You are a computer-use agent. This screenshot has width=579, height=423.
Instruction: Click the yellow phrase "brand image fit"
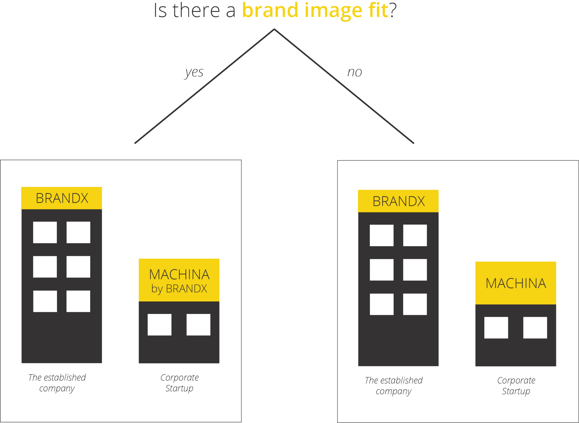[x=315, y=11]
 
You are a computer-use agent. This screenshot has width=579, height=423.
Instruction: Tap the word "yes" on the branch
[x=194, y=72]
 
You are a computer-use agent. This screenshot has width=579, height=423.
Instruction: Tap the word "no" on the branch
[x=354, y=72]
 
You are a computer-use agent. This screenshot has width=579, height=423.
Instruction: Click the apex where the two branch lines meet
[x=274, y=29]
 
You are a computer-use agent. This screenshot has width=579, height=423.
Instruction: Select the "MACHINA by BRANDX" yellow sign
[x=179, y=280]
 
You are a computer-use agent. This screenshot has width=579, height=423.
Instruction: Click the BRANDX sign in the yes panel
[x=62, y=198]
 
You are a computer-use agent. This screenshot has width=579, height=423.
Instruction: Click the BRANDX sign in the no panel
[x=398, y=201]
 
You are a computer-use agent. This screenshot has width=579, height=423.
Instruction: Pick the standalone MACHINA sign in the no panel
[x=516, y=283]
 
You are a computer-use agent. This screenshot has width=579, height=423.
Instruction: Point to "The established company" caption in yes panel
[x=57, y=383]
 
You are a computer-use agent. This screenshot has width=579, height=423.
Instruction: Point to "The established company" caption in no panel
[x=394, y=385]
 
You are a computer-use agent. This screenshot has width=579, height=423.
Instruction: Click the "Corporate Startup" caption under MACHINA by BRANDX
[x=179, y=383]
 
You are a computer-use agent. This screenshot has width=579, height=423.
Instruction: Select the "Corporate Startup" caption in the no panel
[x=516, y=385]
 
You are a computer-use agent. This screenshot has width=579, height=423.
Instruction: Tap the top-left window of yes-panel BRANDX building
[x=45, y=232]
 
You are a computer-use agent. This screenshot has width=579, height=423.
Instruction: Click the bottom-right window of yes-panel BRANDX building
[x=78, y=301]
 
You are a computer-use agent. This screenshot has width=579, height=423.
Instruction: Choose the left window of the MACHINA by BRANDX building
[x=160, y=325]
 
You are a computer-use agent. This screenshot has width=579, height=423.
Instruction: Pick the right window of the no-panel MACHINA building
[x=535, y=328]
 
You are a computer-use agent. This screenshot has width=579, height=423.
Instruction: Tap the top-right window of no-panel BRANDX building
[x=415, y=235]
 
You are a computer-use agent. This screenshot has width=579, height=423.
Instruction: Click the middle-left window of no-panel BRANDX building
[x=382, y=270]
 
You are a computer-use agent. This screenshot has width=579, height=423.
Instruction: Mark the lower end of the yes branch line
[x=135, y=143]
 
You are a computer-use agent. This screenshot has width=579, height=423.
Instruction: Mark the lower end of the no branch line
[x=413, y=143]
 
